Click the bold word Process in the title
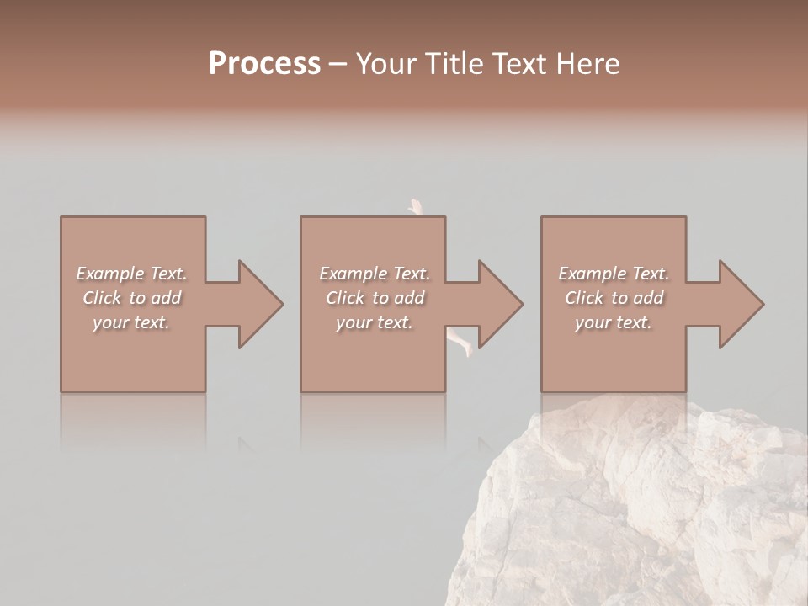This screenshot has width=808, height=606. [264, 64]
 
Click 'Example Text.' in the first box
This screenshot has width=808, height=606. [131, 274]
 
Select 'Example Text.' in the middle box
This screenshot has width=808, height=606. [375, 274]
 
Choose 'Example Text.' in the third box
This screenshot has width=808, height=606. [614, 274]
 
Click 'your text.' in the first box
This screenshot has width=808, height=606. [131, 322]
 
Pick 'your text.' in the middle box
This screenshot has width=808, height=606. [375, 322]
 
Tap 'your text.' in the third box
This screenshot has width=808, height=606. [614, 322]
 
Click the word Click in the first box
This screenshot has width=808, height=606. [102, 298]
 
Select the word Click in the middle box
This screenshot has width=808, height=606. [345, 298]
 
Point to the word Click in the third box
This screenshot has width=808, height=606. [584, 298]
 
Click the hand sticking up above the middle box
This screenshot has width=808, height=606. [415, 207]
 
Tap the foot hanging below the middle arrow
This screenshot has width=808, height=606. [461, 343]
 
